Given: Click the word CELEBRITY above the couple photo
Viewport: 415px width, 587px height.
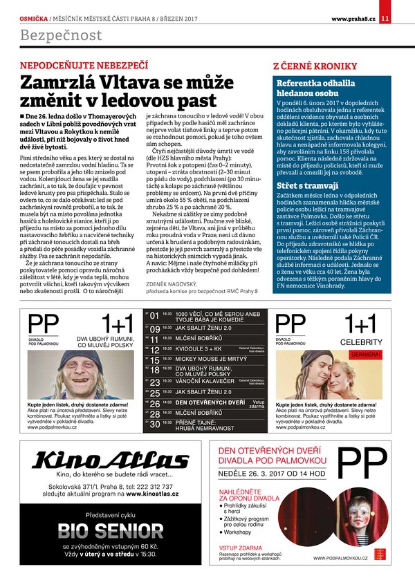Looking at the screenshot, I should click(x=361, y=342).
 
